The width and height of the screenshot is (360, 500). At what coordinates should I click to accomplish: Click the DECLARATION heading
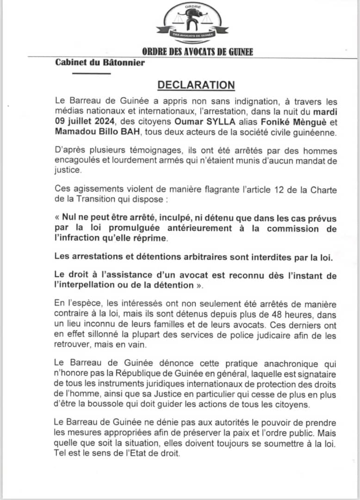pyautogui.click(x=196, y=86)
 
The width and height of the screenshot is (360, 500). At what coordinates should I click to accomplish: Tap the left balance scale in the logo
pyautogui.click(x=178, y=20)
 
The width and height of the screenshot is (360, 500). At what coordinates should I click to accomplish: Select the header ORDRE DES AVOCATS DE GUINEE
pyautogui.click(x=197, y=52)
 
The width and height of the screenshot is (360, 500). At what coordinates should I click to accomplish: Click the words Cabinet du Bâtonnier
pyautogui.click(x=99, y=63)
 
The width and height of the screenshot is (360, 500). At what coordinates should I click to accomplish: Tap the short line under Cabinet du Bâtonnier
pyautogui.click(x=93, y=74)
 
